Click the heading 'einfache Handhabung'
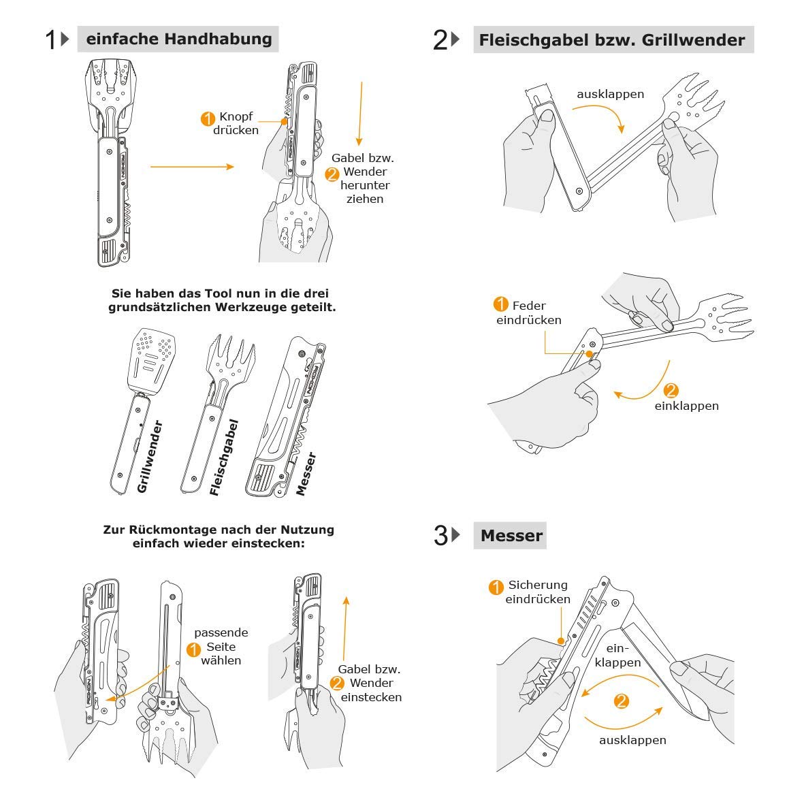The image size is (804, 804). coord(178,39)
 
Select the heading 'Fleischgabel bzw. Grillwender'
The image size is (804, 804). coord(612,40)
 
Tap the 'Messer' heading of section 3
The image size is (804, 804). coord(511,536)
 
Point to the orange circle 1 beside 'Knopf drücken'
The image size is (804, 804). coord(208,118)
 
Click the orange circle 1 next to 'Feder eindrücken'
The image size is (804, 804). coord(500,304)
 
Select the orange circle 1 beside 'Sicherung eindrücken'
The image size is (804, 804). coord(496,586)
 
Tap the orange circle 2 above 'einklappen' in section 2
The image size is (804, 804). coord(671,390)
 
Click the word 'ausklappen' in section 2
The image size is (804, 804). coord(610,94)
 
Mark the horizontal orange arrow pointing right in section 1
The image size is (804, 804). coord(192,167)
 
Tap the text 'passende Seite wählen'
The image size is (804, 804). coord(221,647)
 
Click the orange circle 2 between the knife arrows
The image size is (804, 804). coord(620,701)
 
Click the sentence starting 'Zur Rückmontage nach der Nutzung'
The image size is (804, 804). coord(219,536)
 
